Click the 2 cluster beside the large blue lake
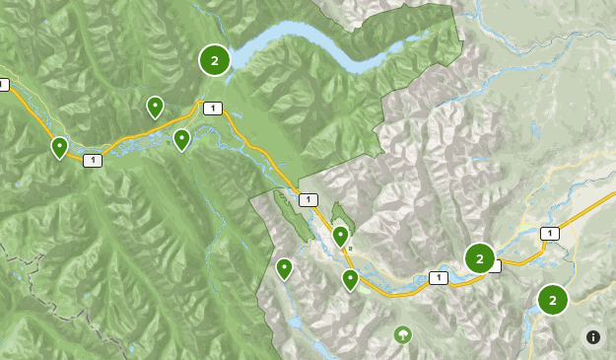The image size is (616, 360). (214, 60)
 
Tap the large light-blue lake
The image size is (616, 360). (296, 44)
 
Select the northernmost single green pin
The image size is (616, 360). (155, 106)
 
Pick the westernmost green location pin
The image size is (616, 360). (59, 147)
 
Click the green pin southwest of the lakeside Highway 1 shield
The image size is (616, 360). (181, 139)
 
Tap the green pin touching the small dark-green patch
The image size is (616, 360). (340, 235)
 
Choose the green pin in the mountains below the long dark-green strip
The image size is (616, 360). (284, 267)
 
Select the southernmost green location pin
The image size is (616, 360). (350, 279)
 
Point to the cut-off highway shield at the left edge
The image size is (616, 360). (3, 85)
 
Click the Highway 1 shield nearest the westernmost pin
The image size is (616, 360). (93, 161)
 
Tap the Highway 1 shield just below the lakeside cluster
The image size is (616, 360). (212, 108)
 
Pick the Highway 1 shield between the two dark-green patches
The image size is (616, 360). (308, 200)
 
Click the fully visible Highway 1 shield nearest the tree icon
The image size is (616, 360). (439, 278)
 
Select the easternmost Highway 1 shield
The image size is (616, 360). (549, 234)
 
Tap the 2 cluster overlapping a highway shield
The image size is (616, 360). (479, 258)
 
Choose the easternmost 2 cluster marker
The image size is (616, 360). (552, 299)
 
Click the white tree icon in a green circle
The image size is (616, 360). (402, 334)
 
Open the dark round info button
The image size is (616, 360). (593, 337)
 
